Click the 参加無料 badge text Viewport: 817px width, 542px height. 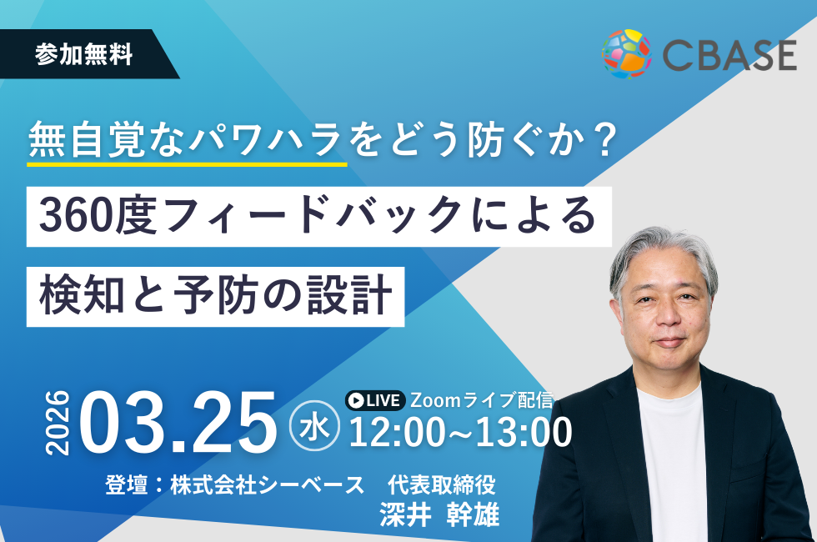coord(84,55)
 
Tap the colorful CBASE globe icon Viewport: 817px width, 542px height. coord(627,53)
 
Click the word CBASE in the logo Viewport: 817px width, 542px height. coord(729,56)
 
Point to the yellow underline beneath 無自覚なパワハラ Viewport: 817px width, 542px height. coord(188,164)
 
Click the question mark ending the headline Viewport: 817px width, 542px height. coord(604,141)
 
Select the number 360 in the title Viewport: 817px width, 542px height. coord(76,216)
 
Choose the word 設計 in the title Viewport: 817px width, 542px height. coord(349,295)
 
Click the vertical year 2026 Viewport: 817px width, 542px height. coord(58,423)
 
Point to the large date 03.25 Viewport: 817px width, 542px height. coord(178,423)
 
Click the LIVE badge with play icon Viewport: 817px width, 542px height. coord(375,400)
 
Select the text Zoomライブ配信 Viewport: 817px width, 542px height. coord(482,399)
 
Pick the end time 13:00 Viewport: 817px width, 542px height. coord(524,432)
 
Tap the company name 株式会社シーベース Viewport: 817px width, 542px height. coord(268,484)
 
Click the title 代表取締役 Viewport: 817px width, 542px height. coord(441,484)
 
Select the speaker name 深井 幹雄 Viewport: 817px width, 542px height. coord(440,514)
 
